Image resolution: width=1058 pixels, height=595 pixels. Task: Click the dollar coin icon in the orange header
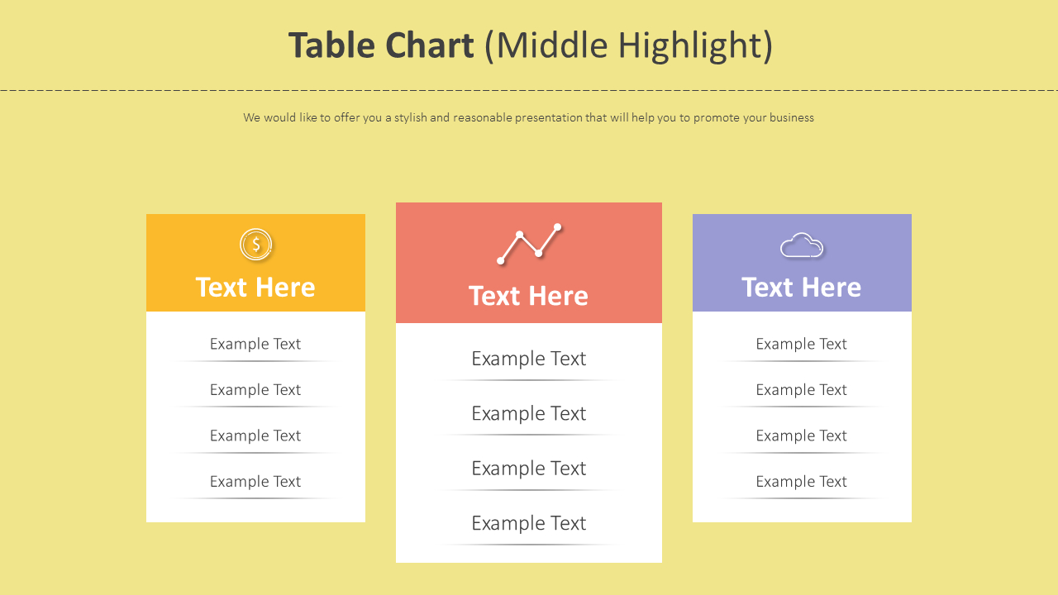pos(255,244)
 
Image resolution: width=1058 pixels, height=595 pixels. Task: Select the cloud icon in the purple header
pos(802,245)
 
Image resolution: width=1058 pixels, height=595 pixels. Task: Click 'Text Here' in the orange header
pos(255,287)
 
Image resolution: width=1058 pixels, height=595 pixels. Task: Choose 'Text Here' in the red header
pos(528,296)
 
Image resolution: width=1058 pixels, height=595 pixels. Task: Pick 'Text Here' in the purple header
pos(802,287)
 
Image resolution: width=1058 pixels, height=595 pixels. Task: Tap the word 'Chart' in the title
pos(429,45)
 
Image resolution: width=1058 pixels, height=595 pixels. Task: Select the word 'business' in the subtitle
pos(792,117)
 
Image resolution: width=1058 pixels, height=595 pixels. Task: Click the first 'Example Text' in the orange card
pos(255,345)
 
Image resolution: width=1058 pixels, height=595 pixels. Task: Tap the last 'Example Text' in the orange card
pos(255,482)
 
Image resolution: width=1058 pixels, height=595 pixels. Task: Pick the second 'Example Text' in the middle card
pos(528,414)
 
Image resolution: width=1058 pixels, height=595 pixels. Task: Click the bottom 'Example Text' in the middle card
pos(528,523)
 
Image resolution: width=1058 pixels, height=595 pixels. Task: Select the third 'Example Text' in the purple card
pos(802,436)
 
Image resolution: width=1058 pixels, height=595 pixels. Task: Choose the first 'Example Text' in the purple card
pos(802,345)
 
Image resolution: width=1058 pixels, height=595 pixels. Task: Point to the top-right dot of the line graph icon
pos(557,227)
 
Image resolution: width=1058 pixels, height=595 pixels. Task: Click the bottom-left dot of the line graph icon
pos(501,260)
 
